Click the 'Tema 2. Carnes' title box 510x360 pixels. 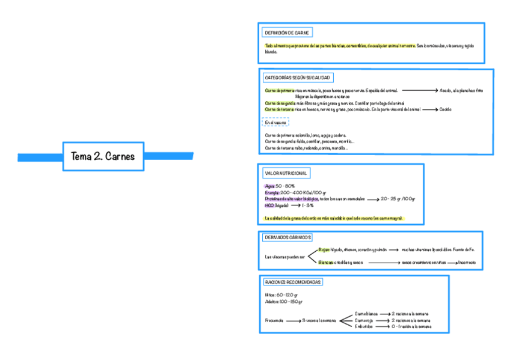104,156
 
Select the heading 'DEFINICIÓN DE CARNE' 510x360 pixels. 287,32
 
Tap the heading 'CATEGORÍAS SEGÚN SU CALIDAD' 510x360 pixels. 297,78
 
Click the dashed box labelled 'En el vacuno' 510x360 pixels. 275,122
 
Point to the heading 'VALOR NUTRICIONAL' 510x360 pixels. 286,173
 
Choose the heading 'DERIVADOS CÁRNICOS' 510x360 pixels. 287,237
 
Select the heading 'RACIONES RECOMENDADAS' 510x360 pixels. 293,282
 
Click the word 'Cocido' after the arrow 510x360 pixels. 445,109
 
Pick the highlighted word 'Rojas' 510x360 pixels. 324,249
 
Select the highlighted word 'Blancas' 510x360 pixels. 325,262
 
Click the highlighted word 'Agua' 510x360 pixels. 269,186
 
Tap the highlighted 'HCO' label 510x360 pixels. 269,205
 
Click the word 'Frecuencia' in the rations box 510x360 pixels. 274,320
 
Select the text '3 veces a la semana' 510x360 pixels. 319,320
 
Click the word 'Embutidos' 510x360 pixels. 363,327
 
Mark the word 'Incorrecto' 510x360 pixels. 467,262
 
